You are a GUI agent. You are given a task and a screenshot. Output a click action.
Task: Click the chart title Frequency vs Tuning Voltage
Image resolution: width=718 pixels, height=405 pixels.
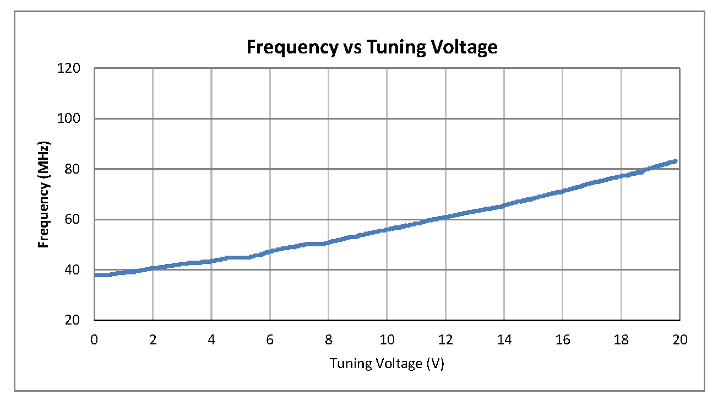[x=372, y=47]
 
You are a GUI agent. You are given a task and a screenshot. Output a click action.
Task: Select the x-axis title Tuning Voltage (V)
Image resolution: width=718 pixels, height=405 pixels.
[x=387, y=364]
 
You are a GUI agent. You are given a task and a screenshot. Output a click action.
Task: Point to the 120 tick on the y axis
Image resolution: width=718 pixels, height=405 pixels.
[x=72, y=68]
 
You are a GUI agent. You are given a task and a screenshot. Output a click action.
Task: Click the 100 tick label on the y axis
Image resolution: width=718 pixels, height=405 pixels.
[x=72, y=118]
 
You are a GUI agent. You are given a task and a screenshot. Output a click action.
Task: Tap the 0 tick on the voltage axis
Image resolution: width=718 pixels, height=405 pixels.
[x=95, y=340]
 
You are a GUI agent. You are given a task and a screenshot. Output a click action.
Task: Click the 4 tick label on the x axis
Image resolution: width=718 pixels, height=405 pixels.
[x=211, y=340]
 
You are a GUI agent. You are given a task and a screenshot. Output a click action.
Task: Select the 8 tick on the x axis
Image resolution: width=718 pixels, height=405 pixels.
[x=329, y=340]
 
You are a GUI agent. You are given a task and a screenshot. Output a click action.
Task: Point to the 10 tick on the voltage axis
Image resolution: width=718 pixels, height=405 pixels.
[x=387, y=340]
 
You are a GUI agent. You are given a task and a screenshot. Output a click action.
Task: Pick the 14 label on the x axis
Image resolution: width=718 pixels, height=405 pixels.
[x=504, y=340]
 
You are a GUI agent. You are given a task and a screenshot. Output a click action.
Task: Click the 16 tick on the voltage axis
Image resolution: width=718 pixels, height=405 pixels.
[x=562, y=340]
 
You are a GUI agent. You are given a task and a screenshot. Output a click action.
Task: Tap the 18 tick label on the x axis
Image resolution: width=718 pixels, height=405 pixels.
[x=621, y=340]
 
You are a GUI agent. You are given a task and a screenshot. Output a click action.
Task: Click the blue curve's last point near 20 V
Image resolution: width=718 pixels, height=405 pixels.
[x=675, y=161]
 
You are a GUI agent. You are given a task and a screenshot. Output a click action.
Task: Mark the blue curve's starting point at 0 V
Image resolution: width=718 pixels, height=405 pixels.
[x=96, y=275]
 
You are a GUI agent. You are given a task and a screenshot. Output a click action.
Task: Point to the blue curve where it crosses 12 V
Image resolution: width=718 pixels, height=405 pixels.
[x=445, y=217]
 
